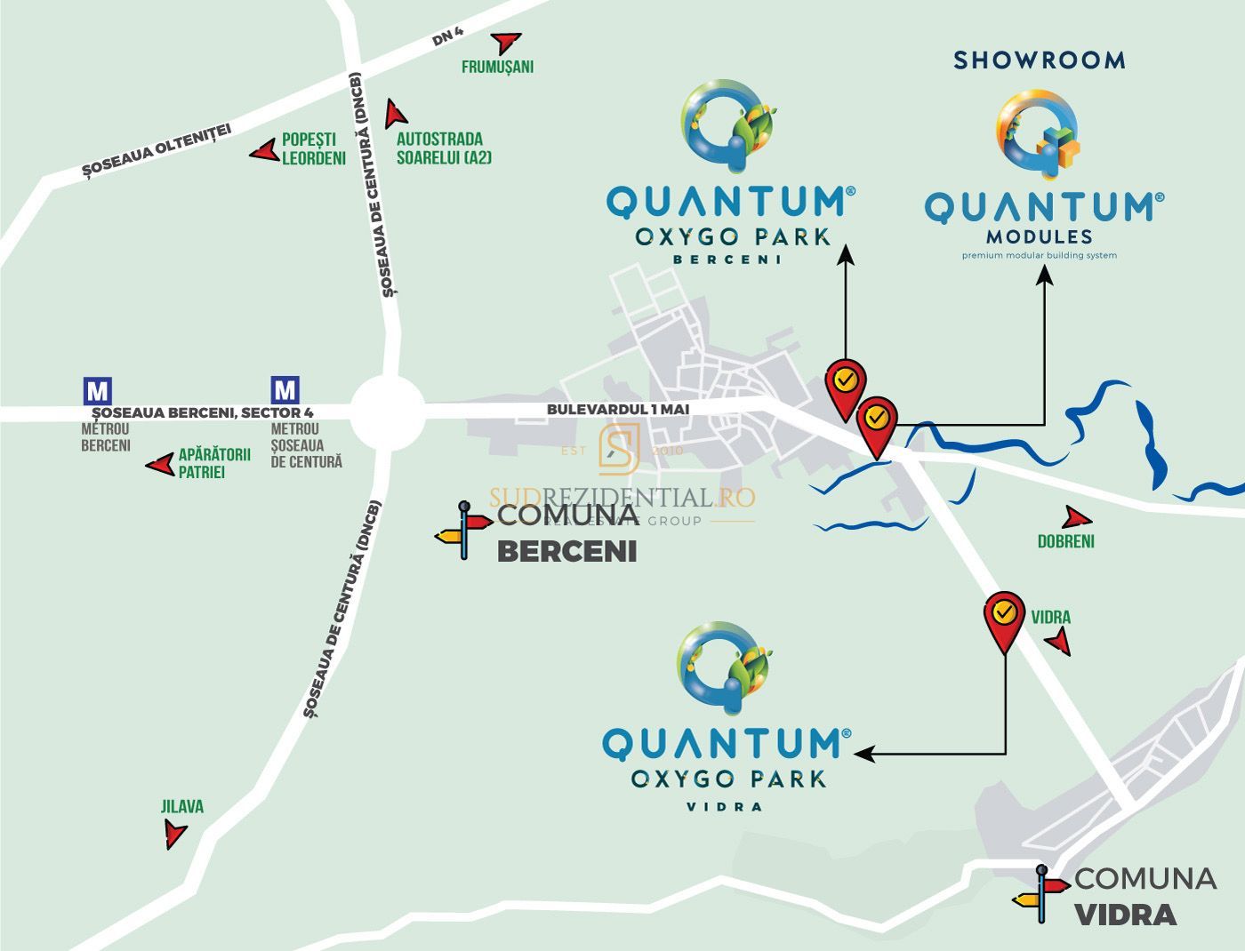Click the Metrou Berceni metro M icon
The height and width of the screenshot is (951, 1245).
pyautogui.click(x=97, y=391)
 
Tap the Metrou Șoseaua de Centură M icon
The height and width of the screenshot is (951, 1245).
pyautogui.click(x=285, y=390)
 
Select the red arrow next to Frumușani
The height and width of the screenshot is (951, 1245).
pyautogui.click(x=508, y=43)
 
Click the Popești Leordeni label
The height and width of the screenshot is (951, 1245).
pyautogui.click(x=313, y=149)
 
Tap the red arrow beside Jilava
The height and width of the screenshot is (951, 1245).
pyautogui.click(x=174, y=834)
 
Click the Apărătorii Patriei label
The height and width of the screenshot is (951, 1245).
pyautogui.click(x=214, y=463)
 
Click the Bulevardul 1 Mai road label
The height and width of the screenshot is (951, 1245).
pyautogui.click(x=618, y=409)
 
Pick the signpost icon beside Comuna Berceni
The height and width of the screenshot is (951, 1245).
pyautogui.click(x=463, y=530)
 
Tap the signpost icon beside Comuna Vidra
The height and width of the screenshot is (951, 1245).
pyautogui.click(x=1040, y=893)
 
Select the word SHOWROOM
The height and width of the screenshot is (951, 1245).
pyautogui.click(x=1040, y=60)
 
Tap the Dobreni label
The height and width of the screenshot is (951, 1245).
pyautogui.click(x=1065, y=541)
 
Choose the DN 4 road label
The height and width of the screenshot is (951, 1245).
pyautogui.click(x=447, y=38)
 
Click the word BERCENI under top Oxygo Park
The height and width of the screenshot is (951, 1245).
pyautogui.click(x=727, y=260)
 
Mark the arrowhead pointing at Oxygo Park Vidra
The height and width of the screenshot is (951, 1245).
pyautogui.click(x=862, y=754)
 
